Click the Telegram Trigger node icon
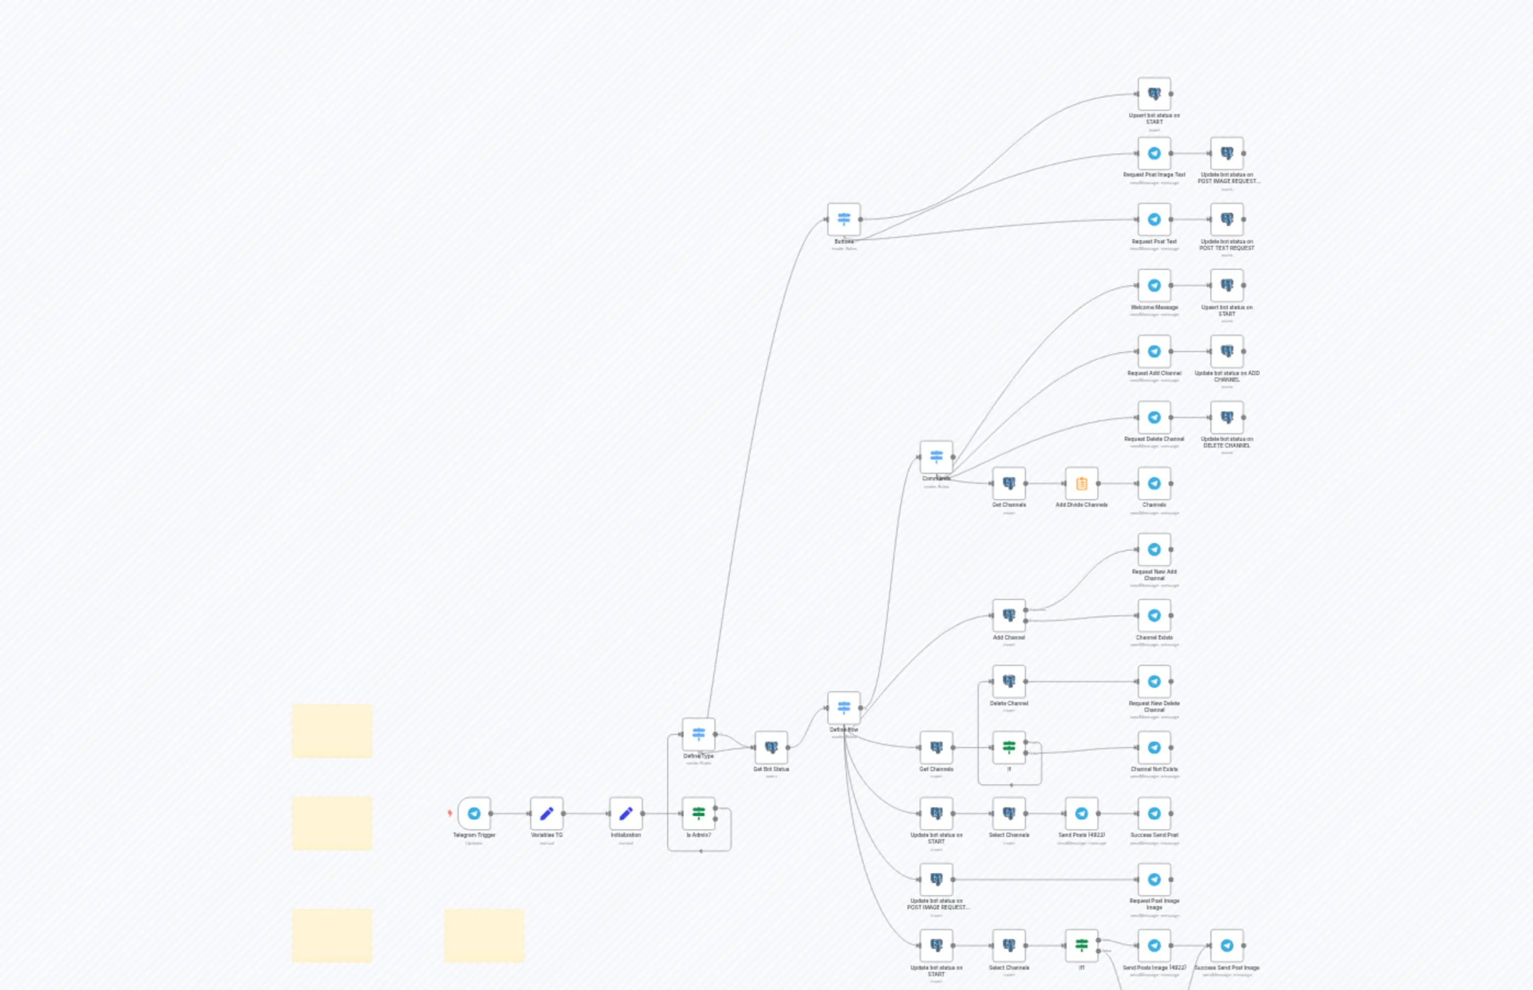pyautogui.click(x=474, y=813)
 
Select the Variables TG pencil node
pyautogui.click(x=546, y=813)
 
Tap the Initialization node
pyautogui.click(x=625, y=813)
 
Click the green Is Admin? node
pyautogui.click(x=698, y=813)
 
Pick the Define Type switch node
pyautogui.click(x=698, y=734)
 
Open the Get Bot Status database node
pyautogui.click(x=771, y=747)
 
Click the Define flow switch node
pyautogui.click(x=844, y=708)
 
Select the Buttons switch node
pyautogui.click(x=844, y=219)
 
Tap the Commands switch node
pyautogui.click(x=936, y=456)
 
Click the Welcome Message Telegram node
pyautogui.click(x=1154, y=285)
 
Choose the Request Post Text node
pyautogui.click(x=1154, y=219)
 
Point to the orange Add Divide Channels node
pyautogui.click(x=1081, y=483)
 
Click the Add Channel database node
pyautogui.click(x=1009, y=615)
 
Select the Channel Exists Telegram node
pyautogui.click(x=1154, y=615)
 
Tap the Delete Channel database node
pyautogui.click(x=1009, y=681)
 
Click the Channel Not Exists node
pyautogui.click(x=1154, y=747)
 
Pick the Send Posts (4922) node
pyautogui.click(x=1081, y=813)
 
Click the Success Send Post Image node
pyautogui.click(x=1227, y=946)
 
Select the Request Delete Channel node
pyautogui.click(x=1154, y=417)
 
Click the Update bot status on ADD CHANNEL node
pyautogui.click(x=1227, y=351)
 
